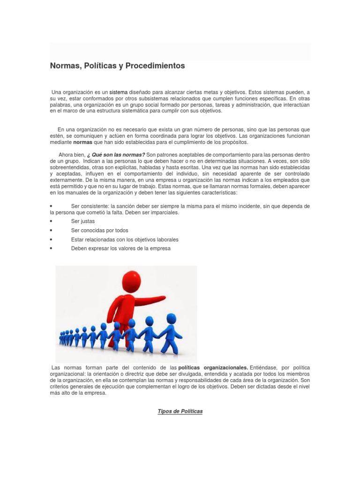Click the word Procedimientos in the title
coord(156,66)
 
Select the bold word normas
coord(83,142)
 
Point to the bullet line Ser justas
coord(82,221)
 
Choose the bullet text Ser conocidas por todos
coord(99,231)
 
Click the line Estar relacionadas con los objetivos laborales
coord(125,240)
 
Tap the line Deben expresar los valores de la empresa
coord(120,248)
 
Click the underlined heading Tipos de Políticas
coord(180,411)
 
